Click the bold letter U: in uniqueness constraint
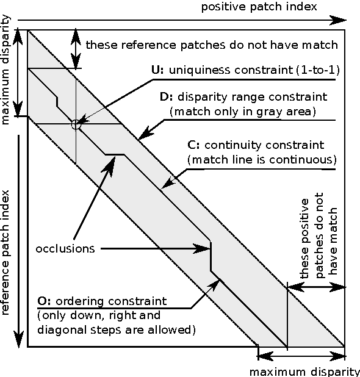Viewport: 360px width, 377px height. [157, 70]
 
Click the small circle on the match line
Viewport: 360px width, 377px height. [76, 124]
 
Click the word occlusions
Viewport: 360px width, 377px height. [65, 249]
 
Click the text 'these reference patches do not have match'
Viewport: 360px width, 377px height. [211, 45]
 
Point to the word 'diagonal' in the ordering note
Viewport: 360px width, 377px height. [57, 330]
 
